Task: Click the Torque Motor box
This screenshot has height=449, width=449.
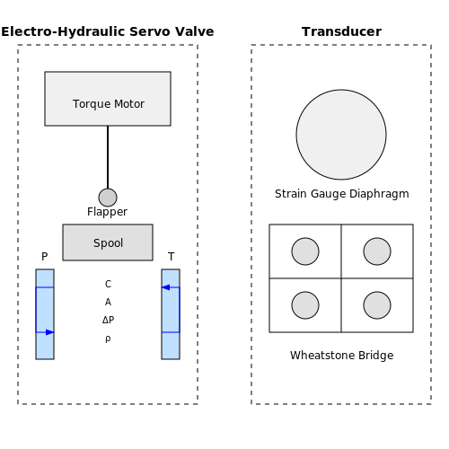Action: click(x=108, y=99)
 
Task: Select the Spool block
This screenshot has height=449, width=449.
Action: click(x=108, y=242)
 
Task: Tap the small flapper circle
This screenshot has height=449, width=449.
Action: click(x=108, y=198)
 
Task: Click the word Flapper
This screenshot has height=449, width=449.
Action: click(x=107, y=212)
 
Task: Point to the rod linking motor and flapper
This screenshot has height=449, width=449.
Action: click(x=108, y=157)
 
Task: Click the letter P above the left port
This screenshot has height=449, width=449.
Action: click(x=45, y=257)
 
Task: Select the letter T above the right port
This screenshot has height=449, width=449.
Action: click(x=171, y=257)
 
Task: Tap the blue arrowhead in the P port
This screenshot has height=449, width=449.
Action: click(x=49, y=332)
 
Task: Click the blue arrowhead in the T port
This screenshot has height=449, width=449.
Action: click(x=166, y=287)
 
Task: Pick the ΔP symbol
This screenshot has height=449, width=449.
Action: click(x=108, y=320)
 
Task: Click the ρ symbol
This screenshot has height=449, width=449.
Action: click(x=108, y=339)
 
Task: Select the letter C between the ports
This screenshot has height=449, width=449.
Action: click(x=108, y=284)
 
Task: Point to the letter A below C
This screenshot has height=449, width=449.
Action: click(x=108, y=302)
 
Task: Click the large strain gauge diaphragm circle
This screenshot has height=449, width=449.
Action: click(x=341, y=135)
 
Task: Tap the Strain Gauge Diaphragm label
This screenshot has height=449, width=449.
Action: click(x=342, y=194)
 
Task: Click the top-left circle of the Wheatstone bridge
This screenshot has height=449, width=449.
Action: click(x=305, y=251)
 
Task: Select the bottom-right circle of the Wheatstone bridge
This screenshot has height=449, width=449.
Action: click(x=377, y=305)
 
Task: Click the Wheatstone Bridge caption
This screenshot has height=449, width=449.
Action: click(x=342, y=356)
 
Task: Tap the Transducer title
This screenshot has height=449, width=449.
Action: click(x=341, y=31)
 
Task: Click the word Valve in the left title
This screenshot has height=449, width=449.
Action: click(x=195, y=31)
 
